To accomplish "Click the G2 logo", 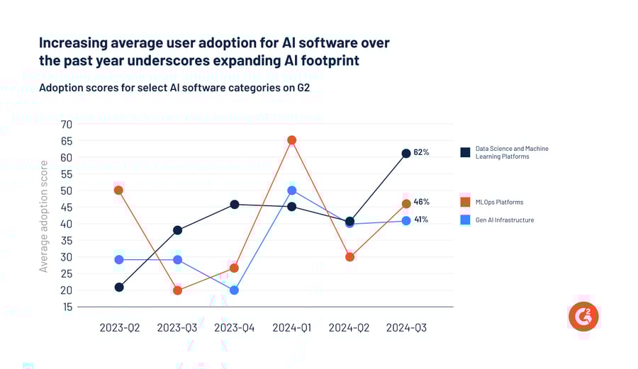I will coord(583,316).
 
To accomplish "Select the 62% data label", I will coord(421,152).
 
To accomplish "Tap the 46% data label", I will coord(421,202).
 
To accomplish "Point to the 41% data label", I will coord(421,220).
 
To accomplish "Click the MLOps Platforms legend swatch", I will coord(465,202).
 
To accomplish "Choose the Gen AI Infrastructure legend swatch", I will coord(465,220).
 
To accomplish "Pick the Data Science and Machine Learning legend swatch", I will coord(465,152).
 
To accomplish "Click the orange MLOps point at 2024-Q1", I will coord(291,140).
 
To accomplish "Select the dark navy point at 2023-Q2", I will coord(119,287).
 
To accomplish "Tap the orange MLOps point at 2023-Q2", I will coord(118,190).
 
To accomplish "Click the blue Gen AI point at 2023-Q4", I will coord(234,290).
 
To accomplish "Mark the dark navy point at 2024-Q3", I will coord(406,153).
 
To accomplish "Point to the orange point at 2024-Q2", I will coord(349,257).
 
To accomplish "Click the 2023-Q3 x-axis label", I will coord(177,328).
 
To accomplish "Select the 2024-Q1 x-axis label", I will coord(291,328).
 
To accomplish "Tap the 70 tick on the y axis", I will coord(67,125).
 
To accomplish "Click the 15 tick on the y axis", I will coord(67,307).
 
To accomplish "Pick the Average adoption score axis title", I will coord(44,217).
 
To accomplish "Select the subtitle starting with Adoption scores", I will coord(174,88).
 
